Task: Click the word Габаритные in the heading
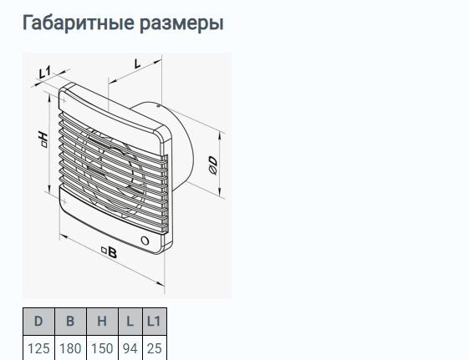click(78, 23)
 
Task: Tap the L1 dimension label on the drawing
click(45, 73)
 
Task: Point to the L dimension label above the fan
click(138, 63)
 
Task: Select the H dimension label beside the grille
click(43, 139)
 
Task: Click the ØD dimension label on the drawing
click(213, 165)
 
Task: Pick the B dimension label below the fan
click(109, 252)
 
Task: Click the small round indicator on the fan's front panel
click(145, 241)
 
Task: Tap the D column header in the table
click(38, 322)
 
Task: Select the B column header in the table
click(70, 322)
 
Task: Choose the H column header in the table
click(102, 322)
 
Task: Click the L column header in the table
click(130, 322)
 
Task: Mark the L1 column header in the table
click(155, 322)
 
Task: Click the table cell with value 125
click(38, 348)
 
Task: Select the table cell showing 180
click(70, 348)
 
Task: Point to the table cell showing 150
click(102, 348)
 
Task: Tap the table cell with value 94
click(130, 348)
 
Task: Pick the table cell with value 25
click(155, 348)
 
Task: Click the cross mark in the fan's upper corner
click(64, 100)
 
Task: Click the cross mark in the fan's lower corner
click(64, 201)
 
